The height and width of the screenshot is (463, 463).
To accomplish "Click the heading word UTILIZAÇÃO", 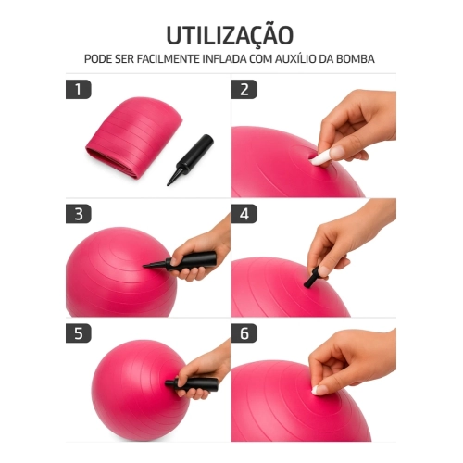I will point(231,34).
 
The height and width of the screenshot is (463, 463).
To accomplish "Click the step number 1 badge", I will point(79,90).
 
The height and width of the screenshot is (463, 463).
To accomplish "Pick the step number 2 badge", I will point(244,90).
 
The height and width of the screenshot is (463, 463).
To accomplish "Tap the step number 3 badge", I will point(79,214).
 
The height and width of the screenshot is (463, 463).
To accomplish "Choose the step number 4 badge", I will point(244,214).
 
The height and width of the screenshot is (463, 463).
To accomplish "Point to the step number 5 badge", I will point(79,333).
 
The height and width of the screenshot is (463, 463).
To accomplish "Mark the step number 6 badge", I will point(244,333).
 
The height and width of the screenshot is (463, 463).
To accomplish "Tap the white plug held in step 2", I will point(320,158).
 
